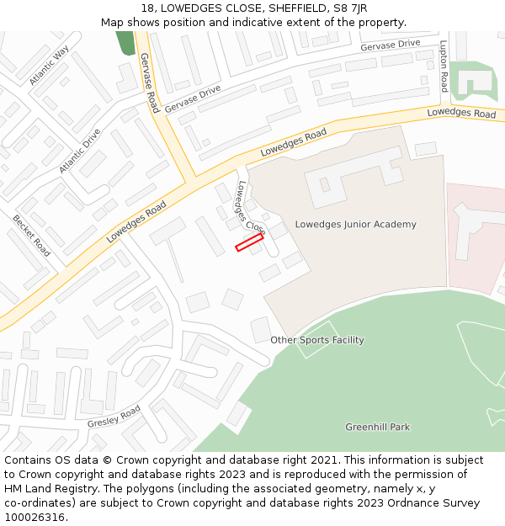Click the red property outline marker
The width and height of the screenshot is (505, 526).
pos(249,243)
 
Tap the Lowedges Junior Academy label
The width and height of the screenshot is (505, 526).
pos(355,225)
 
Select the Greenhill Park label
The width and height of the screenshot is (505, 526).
pos(377,428)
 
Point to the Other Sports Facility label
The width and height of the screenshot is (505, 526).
pos(316,340)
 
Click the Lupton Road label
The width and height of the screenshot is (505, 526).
pos(444,66)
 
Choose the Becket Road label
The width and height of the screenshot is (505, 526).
pos(31,235)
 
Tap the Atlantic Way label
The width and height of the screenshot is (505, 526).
pos(49,66)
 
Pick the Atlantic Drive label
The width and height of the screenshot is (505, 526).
pos(80,151)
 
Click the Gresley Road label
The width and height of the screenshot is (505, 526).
pos(114,417)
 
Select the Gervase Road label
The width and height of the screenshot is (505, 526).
pos(149,82)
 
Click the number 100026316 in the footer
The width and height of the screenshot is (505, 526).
pos(35,518)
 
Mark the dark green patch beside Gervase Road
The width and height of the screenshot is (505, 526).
pos(125,43)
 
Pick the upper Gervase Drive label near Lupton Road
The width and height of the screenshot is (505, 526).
pos(390,44)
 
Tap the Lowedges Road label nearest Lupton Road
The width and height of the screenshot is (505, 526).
pos(461,114)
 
